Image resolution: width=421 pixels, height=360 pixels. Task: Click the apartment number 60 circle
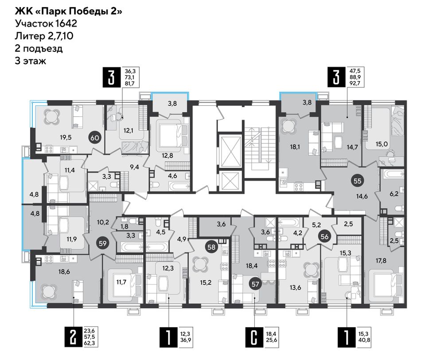95,138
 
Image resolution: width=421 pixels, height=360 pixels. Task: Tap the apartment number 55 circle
357,181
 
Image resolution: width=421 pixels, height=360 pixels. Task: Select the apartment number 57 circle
255,284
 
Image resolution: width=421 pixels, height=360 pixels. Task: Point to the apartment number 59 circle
102,244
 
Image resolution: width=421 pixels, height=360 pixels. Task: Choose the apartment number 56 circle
324,237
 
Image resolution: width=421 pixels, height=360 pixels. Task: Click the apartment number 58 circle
211,247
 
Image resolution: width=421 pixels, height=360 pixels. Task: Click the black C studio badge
254,337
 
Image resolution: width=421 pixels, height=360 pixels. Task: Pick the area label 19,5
66,138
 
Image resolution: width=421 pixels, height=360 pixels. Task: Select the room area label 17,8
381,260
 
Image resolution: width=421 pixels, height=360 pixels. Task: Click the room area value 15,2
206,282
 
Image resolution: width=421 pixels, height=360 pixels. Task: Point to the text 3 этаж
30,61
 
